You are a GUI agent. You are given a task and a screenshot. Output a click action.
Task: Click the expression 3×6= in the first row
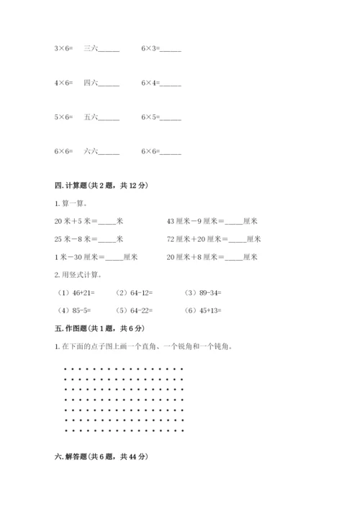tap(63, 49)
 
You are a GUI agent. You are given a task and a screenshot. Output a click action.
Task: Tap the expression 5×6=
tap(63, 117)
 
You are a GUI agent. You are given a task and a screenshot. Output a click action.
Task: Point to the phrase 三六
tap(91, 49)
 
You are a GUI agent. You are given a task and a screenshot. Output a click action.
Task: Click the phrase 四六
tap(91, 83)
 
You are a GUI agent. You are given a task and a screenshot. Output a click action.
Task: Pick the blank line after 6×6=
tap(171, 153)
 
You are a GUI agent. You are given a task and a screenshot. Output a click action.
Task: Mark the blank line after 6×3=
tap(171, 50)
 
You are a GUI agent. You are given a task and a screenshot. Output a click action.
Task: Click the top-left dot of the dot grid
tap(66, 369)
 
